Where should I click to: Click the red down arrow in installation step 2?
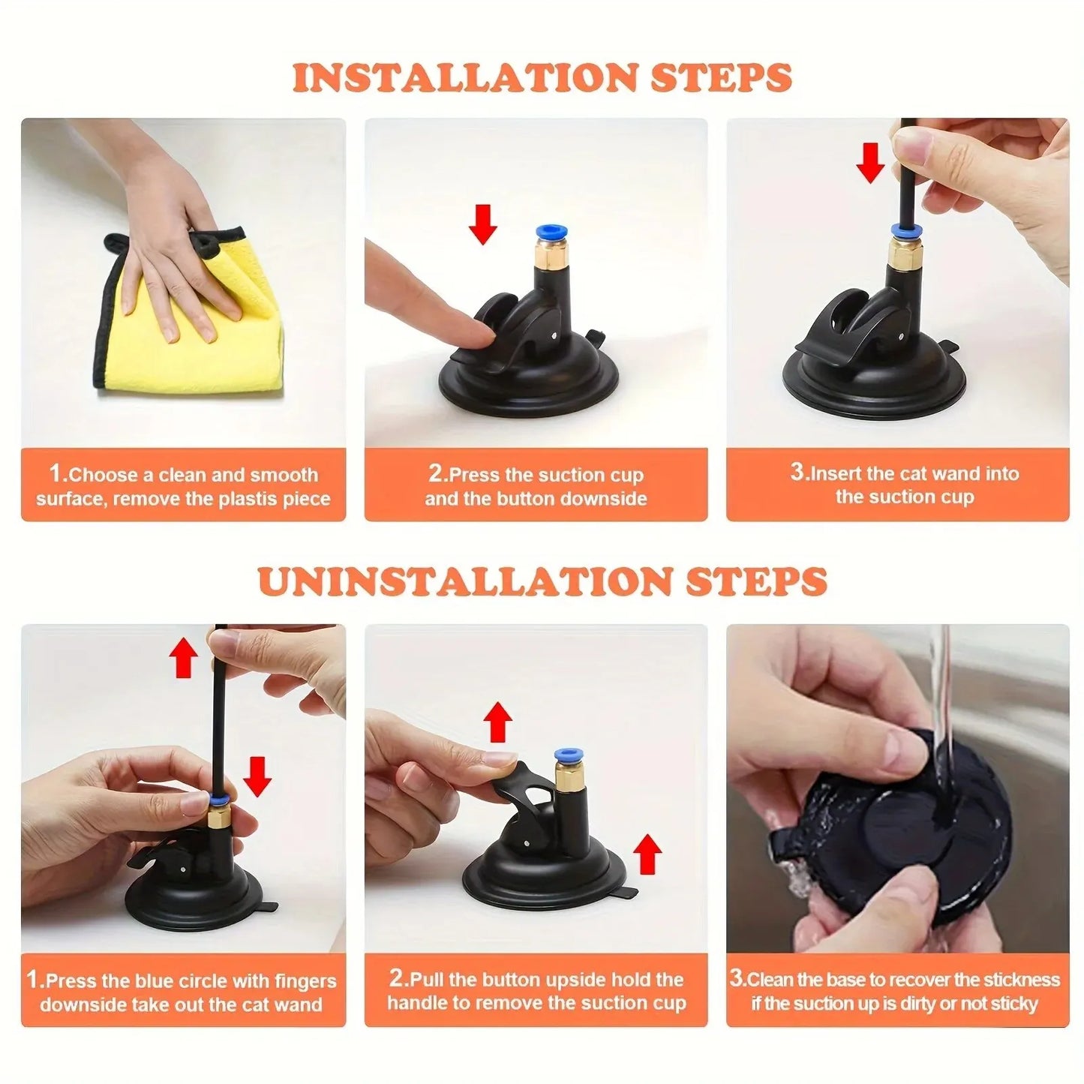(x=483, y=223)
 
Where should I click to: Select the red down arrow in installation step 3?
(x=870, y=163)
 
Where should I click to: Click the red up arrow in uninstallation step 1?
(x=183, y=659)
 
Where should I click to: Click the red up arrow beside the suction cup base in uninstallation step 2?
(x=647, y=855)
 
